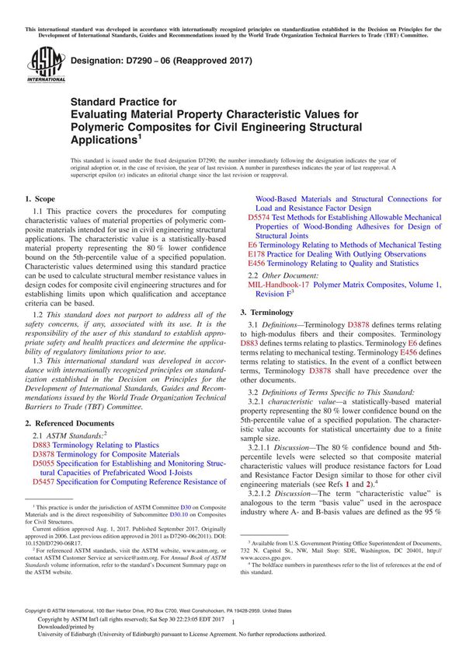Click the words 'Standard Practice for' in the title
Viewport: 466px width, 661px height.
[124, 101]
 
